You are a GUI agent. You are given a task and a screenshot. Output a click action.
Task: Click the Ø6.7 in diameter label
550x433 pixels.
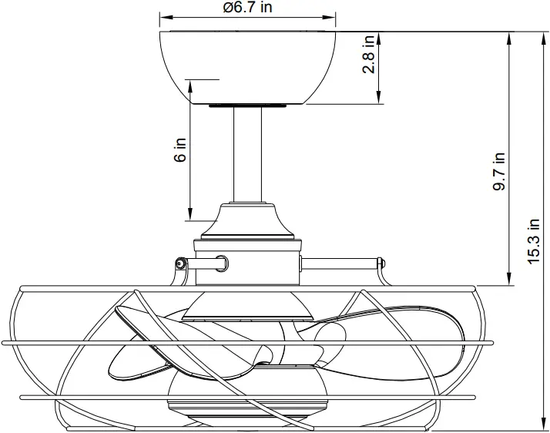(x=247, y=8)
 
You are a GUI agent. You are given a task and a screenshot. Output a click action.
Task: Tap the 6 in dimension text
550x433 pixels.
(x=180, y=149)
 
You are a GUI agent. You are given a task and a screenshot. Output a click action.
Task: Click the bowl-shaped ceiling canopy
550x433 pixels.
(x=248, y=65)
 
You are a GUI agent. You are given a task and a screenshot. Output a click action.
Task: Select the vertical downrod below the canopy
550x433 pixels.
(x=248, y=154)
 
